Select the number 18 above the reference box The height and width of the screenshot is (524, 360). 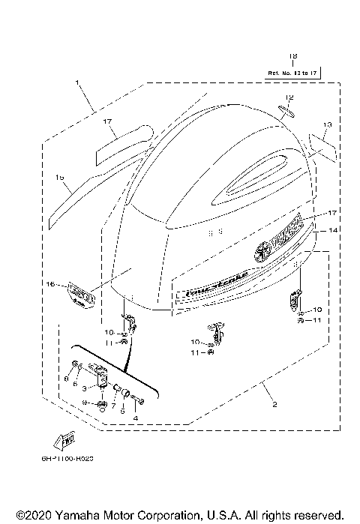pyautogui.click(x=292, y=56)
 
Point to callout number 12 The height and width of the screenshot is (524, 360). pyautogui.click(x=289, y=97)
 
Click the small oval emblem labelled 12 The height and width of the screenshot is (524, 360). pyautogui.click(x=287, y=112)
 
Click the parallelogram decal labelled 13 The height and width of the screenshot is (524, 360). pyautogui.click(x=317, y=142)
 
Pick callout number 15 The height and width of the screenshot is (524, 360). pyautogui.click(x=59, y=177)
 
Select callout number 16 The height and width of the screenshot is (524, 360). pyautogui.click(x=52, y=285)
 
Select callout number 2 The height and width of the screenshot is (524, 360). pyautogui.click(x=274, y=405)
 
